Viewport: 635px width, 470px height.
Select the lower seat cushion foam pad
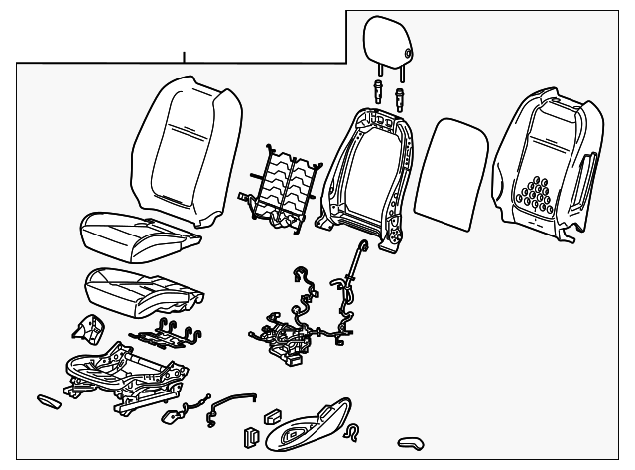[144, 289]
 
